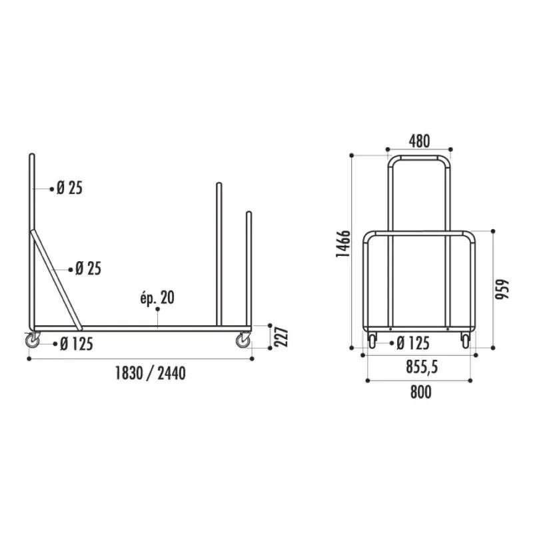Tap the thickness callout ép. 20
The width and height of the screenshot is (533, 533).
157,298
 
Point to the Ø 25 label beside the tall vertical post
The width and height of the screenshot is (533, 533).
69,189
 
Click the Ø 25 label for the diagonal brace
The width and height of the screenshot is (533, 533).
88,268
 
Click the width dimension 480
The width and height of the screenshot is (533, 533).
419,141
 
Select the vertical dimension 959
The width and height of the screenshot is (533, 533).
504,288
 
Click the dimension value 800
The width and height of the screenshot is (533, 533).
420,392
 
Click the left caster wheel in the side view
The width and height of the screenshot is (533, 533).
33,340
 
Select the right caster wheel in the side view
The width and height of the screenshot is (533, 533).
243,340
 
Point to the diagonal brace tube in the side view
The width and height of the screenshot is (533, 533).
56,280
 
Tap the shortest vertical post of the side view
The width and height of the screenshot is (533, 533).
249,266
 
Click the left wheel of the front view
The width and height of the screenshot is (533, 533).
372,340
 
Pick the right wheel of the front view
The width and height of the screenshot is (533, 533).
465,340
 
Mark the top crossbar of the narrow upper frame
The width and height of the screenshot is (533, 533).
419,157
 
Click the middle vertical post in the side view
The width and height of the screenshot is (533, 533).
218,253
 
